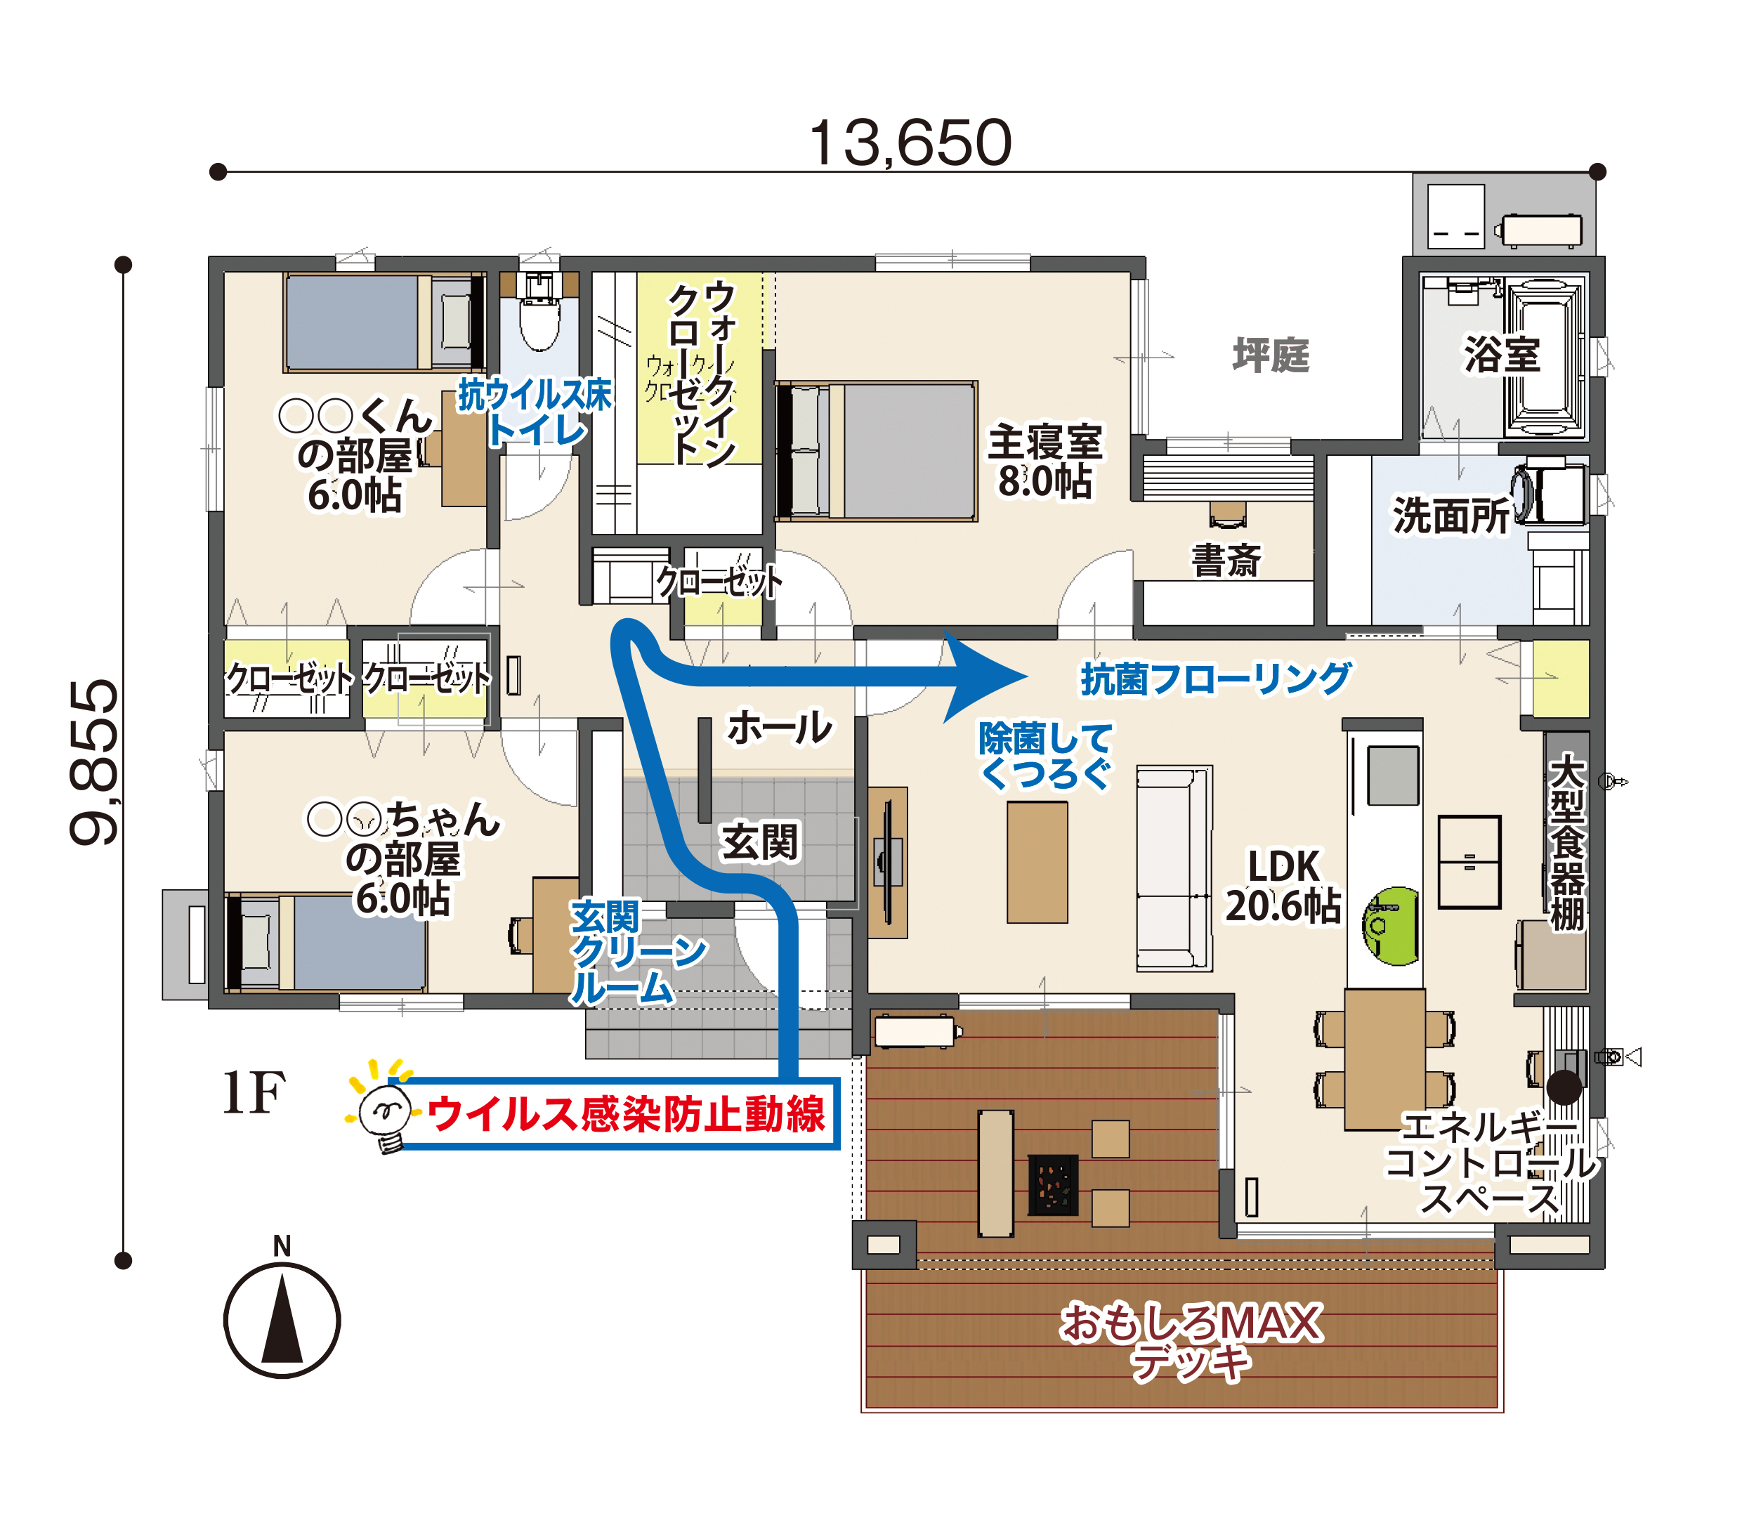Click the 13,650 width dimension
coord(910,143)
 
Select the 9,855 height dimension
coord(94,761)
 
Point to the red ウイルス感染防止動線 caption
coord(625,1114)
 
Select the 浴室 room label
coord(1502,354)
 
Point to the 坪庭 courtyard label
coord(1271,355)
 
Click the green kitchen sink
coord(1391,926)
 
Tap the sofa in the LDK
coord(1174,868)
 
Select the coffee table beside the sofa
coord(1037,862)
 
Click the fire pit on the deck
coord(1053,1184)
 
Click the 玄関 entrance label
coord(760,842)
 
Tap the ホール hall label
coord(780,728)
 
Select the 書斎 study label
coord(1226,560)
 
